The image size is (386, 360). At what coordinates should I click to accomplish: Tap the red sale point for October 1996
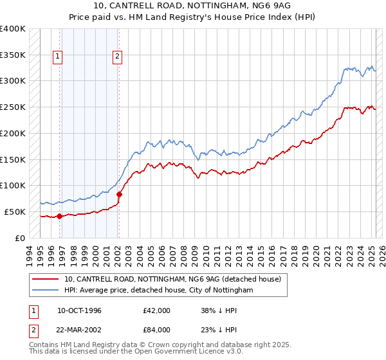59,216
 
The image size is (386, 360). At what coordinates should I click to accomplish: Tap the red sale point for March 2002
119,194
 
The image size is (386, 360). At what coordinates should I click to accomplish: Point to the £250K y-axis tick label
13,107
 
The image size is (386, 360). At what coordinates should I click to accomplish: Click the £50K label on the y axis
15,212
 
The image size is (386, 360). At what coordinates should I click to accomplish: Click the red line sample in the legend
45,280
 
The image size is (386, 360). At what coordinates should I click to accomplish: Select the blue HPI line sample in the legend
45,291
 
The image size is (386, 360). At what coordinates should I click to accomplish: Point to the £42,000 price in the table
157,311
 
